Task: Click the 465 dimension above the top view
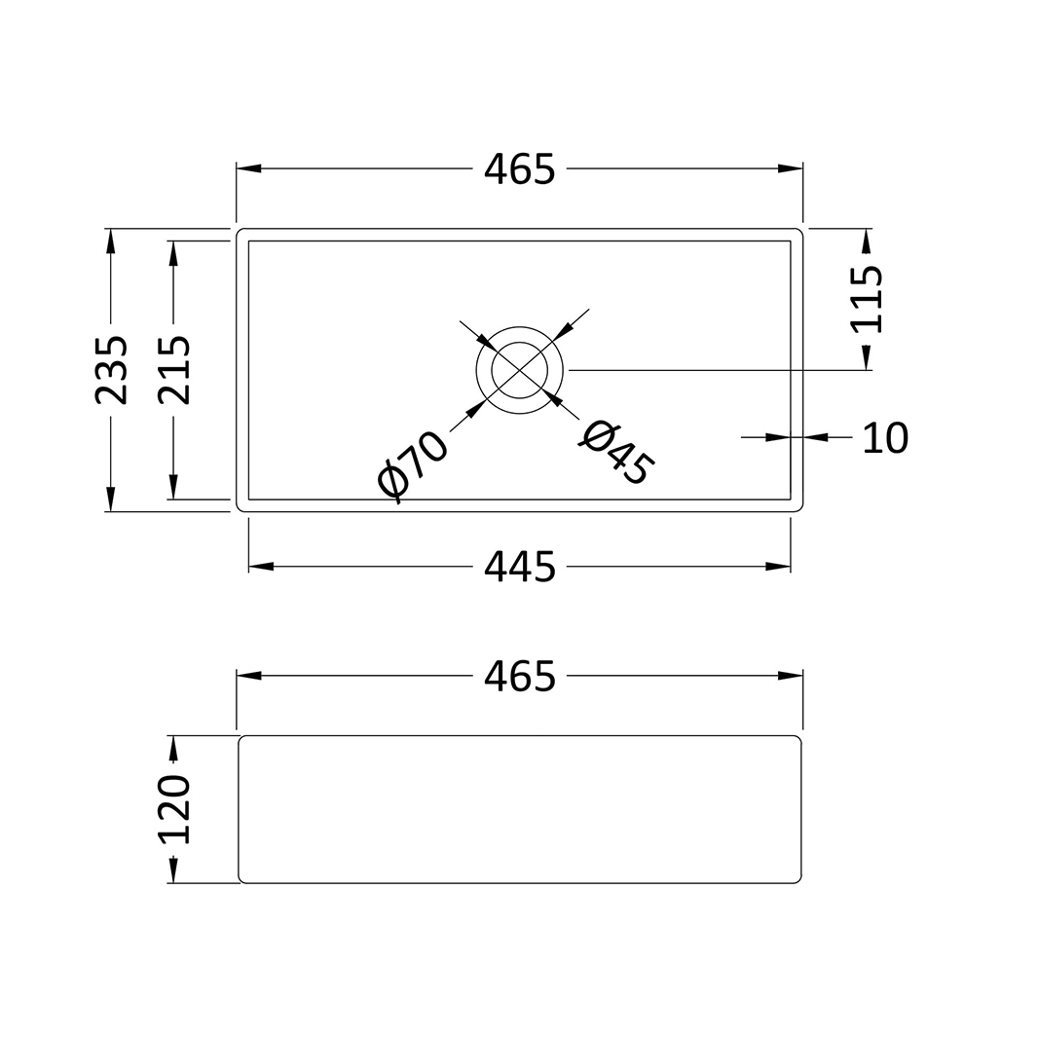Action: pyautogui.click(x=519, y=169)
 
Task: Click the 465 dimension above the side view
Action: pyautogui.click(x=519, y=676)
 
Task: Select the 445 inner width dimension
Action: pyautogui.click(x=519, y=567)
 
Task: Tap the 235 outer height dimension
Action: pyautogui.click(x=111, y=370)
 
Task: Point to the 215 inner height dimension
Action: pyautogui.click(x=174, y=370)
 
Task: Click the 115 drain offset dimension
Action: pyautogui.click(x=866, y=299)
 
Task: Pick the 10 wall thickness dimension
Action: pyautogui.click(x=885, y=438)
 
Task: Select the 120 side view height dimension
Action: pyautogui.click(x=174, y=809)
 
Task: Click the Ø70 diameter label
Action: pyautogui.click(x=412, y=466)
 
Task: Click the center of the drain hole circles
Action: pyautogui.click(x=519, y=370)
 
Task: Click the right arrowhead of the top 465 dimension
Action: pyautogui.click(x=791, y=169)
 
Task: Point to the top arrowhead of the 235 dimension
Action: pyautogui.click(x=111, y=241)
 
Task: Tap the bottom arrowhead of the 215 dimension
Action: pyautogui.click(x=173, y=487)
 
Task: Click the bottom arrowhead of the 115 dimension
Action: pyautogui.click(x=866, y=357)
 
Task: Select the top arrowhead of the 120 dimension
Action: pyautogui.click(x=173, y=748)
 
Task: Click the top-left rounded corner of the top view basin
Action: pyautogui.click(x=241, y=233)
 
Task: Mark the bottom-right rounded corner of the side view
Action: pyautogui.click(x=797, y=879)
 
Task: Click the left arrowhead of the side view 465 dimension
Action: pyautogui.click(x=249, y=676)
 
